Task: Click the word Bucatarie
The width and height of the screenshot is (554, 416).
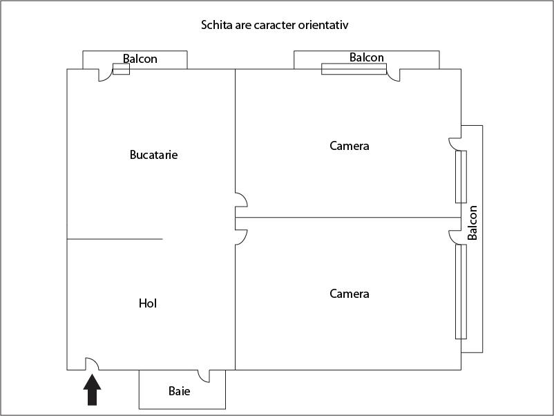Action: click(153, 155)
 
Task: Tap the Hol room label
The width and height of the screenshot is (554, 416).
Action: click(148, 303)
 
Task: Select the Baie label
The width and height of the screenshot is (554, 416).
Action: click(179, 391)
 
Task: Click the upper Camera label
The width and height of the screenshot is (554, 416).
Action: click(350, 146)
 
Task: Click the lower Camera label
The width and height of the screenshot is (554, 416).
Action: click(350, 294)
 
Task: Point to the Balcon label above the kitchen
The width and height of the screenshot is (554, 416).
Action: click(140, 59)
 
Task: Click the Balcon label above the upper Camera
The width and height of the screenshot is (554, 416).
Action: click(366, 57)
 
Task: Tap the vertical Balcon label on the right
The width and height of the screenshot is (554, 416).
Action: click(472, 223)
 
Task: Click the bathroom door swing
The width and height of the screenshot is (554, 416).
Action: click(204, 376)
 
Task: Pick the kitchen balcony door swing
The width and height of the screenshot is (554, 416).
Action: click(106, 75)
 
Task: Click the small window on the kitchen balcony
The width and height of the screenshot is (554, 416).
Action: click(121, 69)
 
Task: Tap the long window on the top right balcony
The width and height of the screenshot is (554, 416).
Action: click(354, 68)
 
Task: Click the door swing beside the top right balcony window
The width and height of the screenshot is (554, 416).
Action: click(394, 75)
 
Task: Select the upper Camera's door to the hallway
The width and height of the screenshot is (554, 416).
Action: click(241, 200)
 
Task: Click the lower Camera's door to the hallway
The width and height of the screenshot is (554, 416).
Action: click(241, 237)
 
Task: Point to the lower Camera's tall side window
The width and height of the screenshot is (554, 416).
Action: click(461, 291)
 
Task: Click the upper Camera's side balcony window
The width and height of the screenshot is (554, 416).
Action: click(461, 176)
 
